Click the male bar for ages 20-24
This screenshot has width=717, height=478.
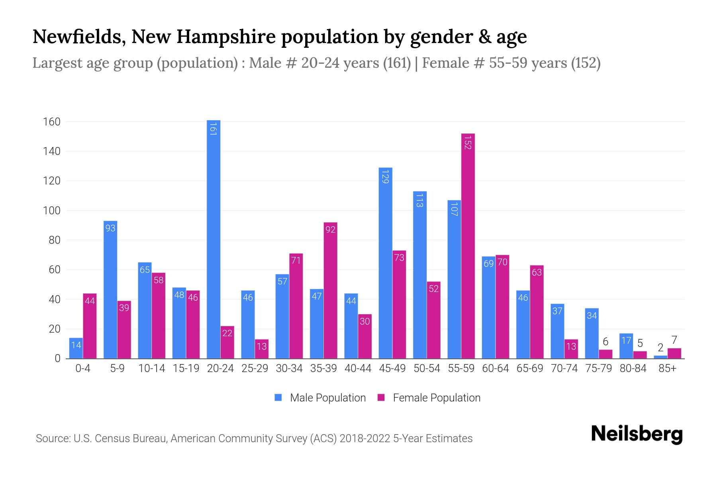tap(214, 239)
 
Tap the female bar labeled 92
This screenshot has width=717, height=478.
tap(330, 290)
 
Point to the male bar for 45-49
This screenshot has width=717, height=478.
tap(385, 263)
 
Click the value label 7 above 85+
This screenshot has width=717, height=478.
tap(674, 340)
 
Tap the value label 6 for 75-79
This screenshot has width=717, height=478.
tap(605, 342)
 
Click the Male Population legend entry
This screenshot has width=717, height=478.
tap(320, 398)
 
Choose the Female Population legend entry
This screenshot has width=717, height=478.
tap(429, 398)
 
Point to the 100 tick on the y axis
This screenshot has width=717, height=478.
tap(52, 211)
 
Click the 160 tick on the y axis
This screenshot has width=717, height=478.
tap(52, 122)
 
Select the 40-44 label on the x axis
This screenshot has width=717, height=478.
tap(358, 368)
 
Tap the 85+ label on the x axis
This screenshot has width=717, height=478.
tap(667, 368)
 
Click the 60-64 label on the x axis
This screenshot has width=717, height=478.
tap(495, 368)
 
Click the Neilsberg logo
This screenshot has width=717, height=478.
tap(637, 434)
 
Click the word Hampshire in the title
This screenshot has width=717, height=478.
tap(226, 37)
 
